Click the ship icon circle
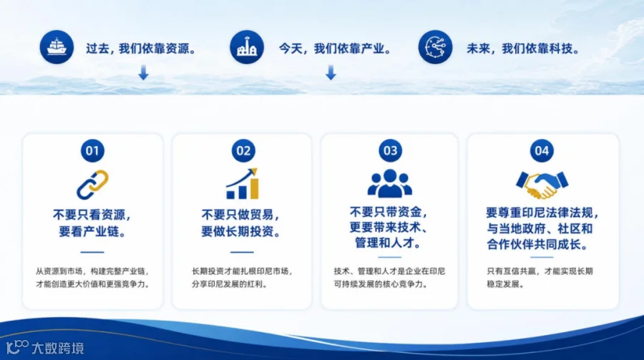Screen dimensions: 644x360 [57, 47]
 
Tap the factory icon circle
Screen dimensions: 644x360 [246, 47]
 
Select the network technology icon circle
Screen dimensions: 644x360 [435, 47]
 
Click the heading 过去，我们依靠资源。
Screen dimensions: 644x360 [141, 49]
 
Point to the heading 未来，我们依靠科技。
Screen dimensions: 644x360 [523, 49]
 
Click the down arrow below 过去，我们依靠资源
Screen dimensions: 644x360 [143, 72]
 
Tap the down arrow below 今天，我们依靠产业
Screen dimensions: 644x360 [331, 72]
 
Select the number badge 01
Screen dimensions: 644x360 [92, 151]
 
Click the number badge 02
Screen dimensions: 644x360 [243, 151]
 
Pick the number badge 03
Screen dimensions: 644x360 [390, 151]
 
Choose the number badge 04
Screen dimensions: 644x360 [542, 151]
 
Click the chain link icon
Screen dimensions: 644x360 [92, 185]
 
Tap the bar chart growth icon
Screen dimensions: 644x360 [243, 184]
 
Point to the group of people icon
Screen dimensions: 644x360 [390, 183]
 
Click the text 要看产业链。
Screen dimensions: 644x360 [92, 231]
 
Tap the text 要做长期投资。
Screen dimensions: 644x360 [241, 231]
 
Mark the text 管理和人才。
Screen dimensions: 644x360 [389, 243]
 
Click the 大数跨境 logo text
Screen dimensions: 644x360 [58, 349]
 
